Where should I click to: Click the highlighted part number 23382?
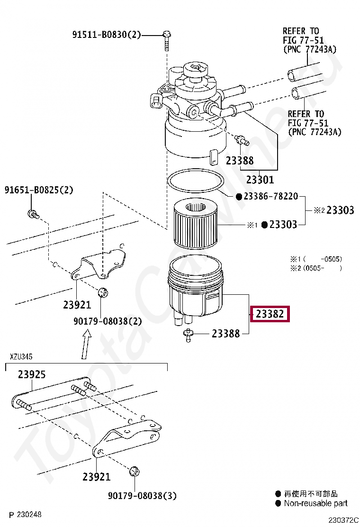(x=270, y=314)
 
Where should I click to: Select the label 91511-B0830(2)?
(x=107, y=35)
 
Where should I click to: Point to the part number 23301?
(x=260, y=180)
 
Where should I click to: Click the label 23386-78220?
(x=270, y=196)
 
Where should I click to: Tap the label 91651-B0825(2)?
(x=39, y=190)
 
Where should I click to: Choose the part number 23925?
(x=32, y=374)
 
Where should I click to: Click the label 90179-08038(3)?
(x=142, y=496)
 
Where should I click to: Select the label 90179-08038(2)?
(x=108, y=321)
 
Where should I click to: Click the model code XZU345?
(x=21, y=356)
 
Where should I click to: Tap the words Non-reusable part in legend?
(x=315, y=503)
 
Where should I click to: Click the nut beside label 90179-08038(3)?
(x=134, y=471)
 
